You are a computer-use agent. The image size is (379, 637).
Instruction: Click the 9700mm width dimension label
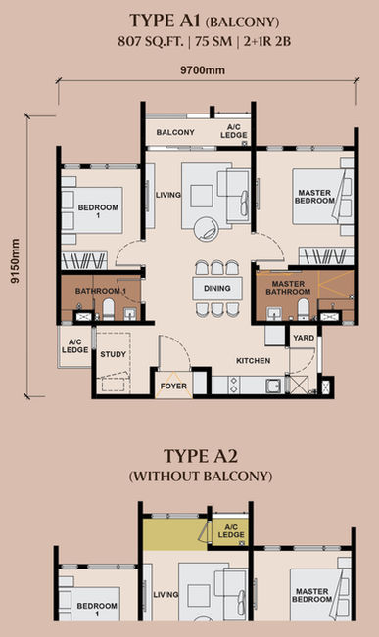(x=203, y=70)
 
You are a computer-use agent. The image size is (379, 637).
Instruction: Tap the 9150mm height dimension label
(x=15, y=260)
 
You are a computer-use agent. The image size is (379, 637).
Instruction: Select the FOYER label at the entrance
(x=173, y=386)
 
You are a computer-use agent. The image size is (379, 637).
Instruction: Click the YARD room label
(x=304, y=338)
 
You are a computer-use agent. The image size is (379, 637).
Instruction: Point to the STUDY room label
(x=113, y=354)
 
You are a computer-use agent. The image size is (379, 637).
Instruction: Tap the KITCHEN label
(x=254, y=361)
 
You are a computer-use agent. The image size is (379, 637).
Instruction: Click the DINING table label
(x=217, y=288)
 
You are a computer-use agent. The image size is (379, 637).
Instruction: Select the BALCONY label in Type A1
(x=175, y=132)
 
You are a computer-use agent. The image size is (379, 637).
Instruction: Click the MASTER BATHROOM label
(x=288, y=288)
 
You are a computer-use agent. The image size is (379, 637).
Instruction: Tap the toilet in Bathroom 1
(x=108, y=309)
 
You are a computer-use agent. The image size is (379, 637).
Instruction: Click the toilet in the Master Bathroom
(x=304, y=309)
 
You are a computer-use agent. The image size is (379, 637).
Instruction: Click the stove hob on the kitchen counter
(x=234, y=385)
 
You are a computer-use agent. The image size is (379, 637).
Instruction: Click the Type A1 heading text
(x=205, y=22)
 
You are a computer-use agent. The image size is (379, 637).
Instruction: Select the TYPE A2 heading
(x=201, y=456)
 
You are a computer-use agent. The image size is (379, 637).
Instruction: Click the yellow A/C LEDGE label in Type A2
(x=231, y=531)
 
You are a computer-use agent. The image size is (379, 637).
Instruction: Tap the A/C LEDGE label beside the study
(x=75, y=346)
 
